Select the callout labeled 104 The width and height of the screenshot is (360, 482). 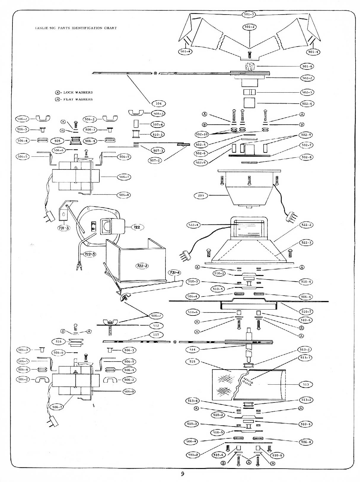click(159, 104)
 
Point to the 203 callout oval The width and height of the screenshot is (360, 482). click(201, 196)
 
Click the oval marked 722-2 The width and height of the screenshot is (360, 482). click(142, 266)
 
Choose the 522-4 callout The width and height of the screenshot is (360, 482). click(193, 225)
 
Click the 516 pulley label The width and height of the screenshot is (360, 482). click(59, 342)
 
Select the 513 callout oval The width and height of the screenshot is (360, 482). click(306, 384)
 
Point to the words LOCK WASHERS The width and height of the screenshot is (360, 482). click(78, 92)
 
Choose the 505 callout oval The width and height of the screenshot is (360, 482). click(58, 141)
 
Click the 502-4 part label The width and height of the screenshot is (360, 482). click(307, 104)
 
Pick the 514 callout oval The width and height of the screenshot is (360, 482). click(192, 350)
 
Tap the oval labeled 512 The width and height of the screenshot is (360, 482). click(156, 326)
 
